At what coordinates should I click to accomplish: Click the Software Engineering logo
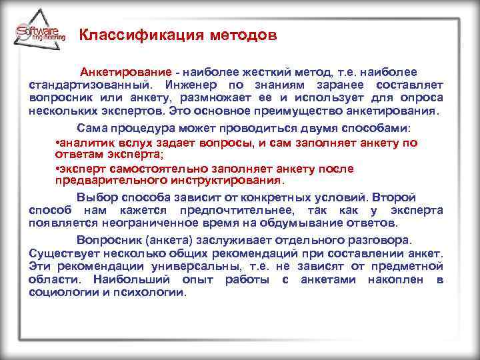[39, 33]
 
